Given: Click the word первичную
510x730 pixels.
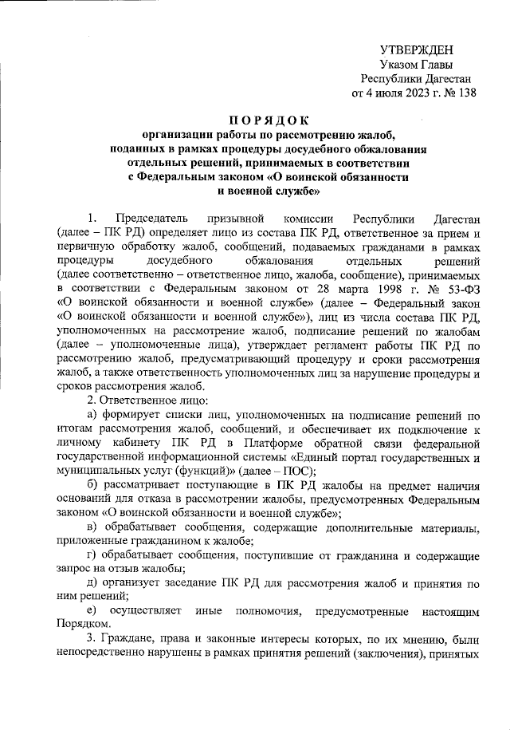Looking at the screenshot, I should point(88,247).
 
